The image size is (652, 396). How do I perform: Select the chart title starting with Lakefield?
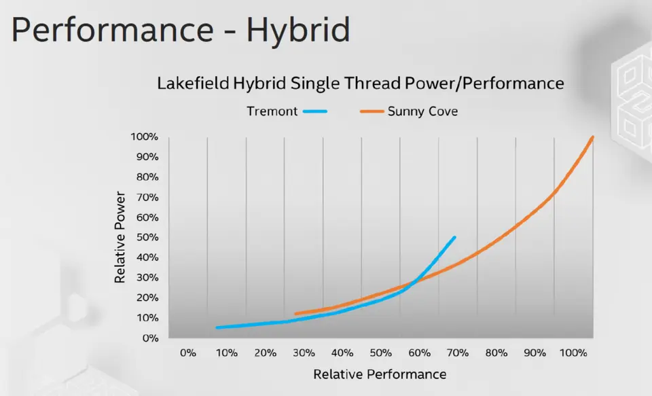pos(361,84)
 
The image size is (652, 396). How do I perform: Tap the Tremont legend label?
pos(272,111)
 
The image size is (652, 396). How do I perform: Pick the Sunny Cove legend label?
pos(422,111)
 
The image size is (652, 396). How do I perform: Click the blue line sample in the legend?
pos(316,111)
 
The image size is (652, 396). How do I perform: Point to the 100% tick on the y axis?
pos(144,137)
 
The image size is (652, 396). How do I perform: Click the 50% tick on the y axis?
pos(147,238)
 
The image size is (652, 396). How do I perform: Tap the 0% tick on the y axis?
pos(149,338)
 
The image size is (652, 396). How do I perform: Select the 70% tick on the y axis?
pos(147,198)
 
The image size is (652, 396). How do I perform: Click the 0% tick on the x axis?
pos(188,353)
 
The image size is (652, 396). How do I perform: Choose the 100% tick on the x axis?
pos(573,353)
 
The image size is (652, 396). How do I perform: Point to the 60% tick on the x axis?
pos(420,353)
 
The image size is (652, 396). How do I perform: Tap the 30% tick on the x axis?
pos(304,353)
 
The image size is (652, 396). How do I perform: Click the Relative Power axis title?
pos(120,238)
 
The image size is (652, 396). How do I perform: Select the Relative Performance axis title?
pos(380,374)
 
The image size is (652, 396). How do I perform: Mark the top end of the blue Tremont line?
pos(454,238)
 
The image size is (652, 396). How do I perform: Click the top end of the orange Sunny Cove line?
pos(593,137)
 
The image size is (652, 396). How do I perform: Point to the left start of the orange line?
pos(295,314)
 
